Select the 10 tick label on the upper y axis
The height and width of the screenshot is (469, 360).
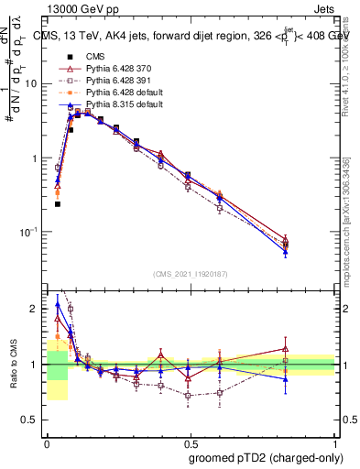(33, 83)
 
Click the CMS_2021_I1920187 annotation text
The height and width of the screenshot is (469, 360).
(191, 273)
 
